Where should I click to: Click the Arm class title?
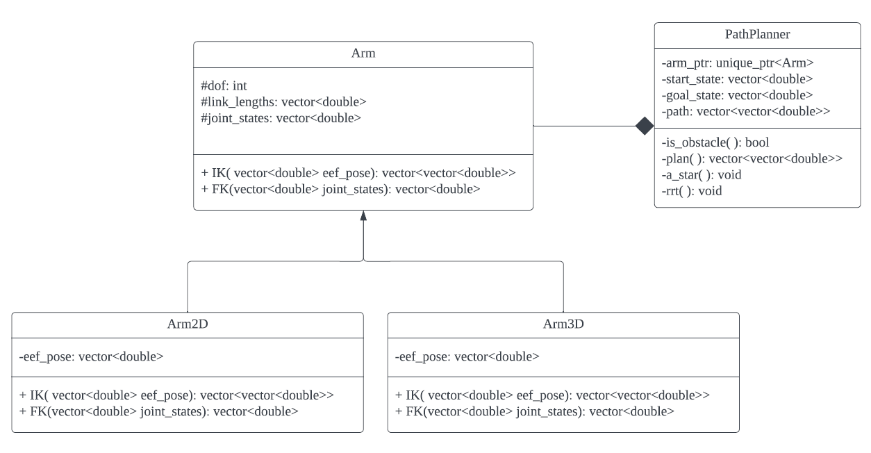coord(363,54)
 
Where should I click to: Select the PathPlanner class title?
coord(757,34)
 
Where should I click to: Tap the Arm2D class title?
coord(188,324)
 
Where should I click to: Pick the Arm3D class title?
coord(563,324)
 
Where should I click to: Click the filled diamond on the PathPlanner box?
coord(645,126)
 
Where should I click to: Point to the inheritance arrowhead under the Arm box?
coord(363,215)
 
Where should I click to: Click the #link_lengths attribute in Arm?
coord(283,102)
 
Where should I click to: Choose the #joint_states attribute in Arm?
coord(280,117)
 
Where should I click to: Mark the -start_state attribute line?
coord(737,79)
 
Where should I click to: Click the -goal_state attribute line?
coord(736,94)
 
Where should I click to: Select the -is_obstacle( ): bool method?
coord(715,142)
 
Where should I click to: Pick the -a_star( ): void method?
coord(702,174)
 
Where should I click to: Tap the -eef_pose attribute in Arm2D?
coord(91,357)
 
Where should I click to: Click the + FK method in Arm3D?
coord(534,411)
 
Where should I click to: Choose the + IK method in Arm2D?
coord(177,395)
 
